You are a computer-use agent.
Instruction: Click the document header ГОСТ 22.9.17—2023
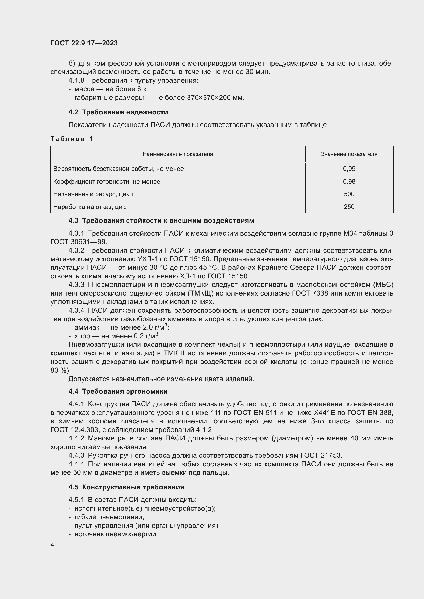pyautogui.click(x=84, y=43)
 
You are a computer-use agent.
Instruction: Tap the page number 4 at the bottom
pyautogui.click(x=52, y=545)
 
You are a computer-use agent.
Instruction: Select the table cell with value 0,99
pyautogui.click(x=349, y=169)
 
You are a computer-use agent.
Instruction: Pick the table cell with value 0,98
pyautogui.click(x=349, y=182)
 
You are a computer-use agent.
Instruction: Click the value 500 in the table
pyautogui.click(x=349, y=194)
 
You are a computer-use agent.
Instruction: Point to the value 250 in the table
pyautogui.click(x=349, y=207)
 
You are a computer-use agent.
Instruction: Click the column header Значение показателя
pyautogui.click(x=349, y=154)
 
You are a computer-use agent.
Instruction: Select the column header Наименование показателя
pyautogui.click(x=178, y=154)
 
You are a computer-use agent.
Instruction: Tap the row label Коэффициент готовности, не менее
pyautogui.click(x=107, y=182)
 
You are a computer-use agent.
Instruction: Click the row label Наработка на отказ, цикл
pyautogui.click(x=91, y=207)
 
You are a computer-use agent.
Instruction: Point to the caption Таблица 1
pyautogui.click(x=71, y=139)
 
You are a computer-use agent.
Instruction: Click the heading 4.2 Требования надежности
pyautogui.click(x=118, y=112)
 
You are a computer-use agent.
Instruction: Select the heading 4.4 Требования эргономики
pyautogui.click(x=118, y=391)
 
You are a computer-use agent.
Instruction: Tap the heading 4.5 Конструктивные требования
pyautogui.click(x=126, y=487)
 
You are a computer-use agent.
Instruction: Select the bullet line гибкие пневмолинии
pyautogui.click(x=109, y=517)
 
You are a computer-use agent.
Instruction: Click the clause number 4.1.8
pyautogui.click(x=76, y=81)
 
